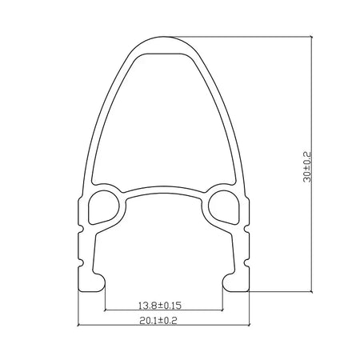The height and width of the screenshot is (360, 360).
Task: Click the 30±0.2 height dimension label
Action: tap(307, 167)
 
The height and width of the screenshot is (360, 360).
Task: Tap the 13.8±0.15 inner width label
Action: tap(160, 306)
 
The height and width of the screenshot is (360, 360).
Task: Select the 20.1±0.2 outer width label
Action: tap(158, 320)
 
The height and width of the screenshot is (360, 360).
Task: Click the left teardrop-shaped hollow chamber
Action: tap(103, 207)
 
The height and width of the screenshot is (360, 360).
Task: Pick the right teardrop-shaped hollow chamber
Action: tap(223, 207)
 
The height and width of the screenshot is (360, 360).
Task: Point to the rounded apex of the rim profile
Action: tap(164, 38)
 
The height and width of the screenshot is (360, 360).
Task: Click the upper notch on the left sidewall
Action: tap(81, 229)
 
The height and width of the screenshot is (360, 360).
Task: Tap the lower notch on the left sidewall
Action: tap(81, 262)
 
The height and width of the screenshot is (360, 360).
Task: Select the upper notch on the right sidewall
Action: tap(246, 229)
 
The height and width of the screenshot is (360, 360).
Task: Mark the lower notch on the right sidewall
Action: tap(246, 262)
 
